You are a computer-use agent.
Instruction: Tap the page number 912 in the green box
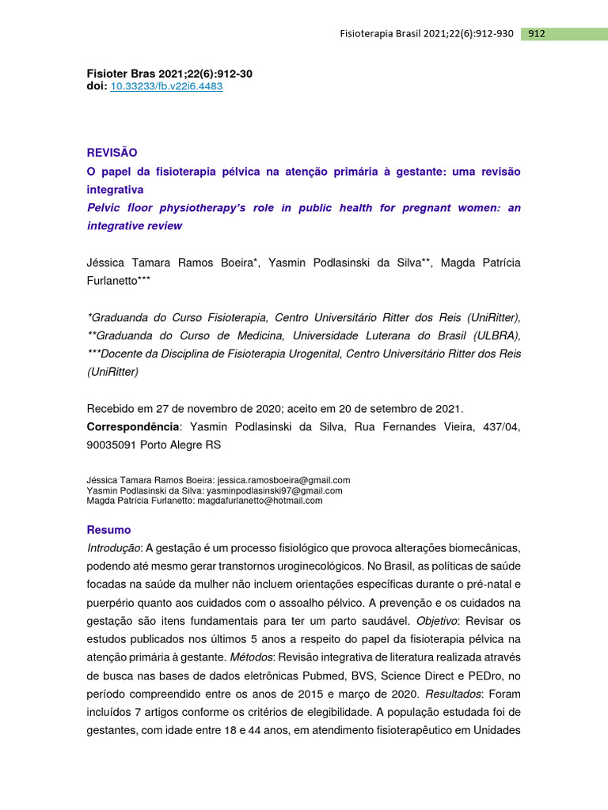(536, 34)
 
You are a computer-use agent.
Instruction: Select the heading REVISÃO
(112, 152)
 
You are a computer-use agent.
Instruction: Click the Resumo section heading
(108, 530)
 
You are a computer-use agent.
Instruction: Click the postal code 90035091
(111, 445)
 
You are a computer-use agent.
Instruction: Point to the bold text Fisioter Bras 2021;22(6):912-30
(169, 74)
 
